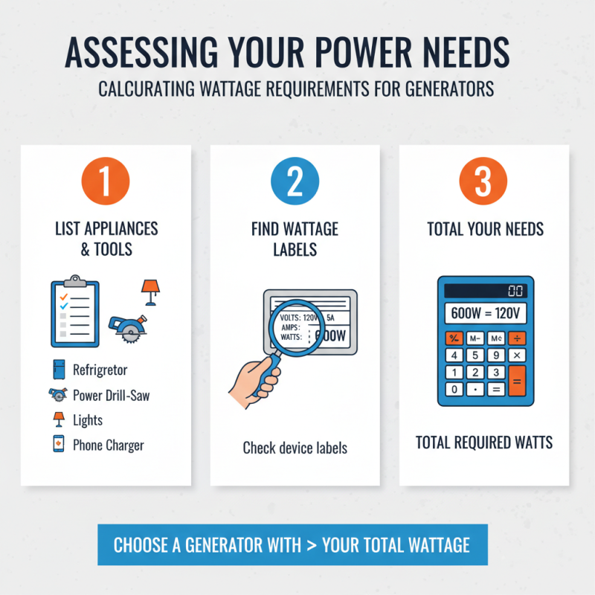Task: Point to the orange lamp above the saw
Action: pos(150,290)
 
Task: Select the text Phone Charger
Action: pos(108,446)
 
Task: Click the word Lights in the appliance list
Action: pos(88,420)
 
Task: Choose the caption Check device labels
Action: pos(295,448)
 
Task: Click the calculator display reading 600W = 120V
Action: pos(484,312)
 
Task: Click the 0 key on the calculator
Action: pos(453,389)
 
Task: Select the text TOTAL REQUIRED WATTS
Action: pos(484,443)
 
